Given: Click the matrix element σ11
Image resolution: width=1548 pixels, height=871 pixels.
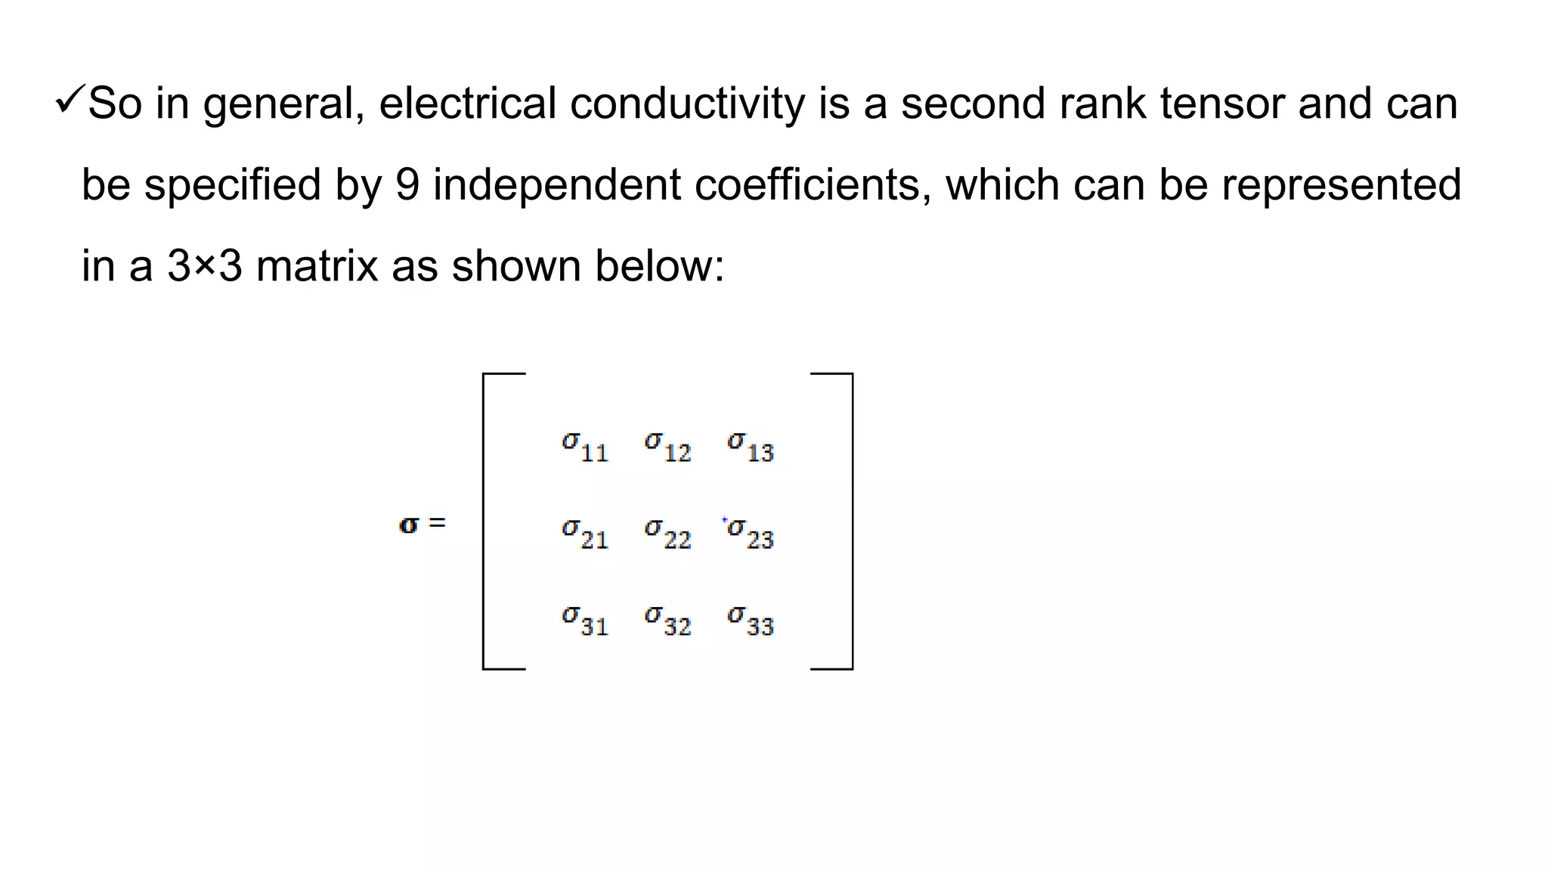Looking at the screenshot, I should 585,447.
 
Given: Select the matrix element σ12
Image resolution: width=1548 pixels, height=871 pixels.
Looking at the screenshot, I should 668,447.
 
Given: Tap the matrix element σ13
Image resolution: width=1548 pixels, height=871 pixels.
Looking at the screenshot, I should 751,447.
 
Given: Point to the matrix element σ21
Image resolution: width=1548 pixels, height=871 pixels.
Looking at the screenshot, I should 585,534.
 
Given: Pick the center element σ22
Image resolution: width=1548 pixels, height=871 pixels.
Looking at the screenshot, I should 668,534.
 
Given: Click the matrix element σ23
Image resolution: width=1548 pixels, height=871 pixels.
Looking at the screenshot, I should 751,534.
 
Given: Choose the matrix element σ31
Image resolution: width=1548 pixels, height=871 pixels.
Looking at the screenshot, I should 585,621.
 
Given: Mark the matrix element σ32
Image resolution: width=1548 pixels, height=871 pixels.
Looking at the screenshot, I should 668,621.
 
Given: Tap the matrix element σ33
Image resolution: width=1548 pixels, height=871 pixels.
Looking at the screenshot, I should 751,621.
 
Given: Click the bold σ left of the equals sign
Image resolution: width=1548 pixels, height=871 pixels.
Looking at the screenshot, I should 408,525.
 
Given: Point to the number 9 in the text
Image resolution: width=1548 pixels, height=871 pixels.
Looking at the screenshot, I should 407,184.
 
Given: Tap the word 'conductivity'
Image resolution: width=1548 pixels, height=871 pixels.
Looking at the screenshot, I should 687,104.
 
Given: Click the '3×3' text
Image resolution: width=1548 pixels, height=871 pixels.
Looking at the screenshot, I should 205,266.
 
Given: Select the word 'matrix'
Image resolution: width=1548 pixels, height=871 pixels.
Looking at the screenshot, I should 317,266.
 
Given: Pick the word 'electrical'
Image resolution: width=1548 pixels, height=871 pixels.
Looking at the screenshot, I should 467,104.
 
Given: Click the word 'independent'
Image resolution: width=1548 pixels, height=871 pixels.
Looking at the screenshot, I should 556,184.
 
